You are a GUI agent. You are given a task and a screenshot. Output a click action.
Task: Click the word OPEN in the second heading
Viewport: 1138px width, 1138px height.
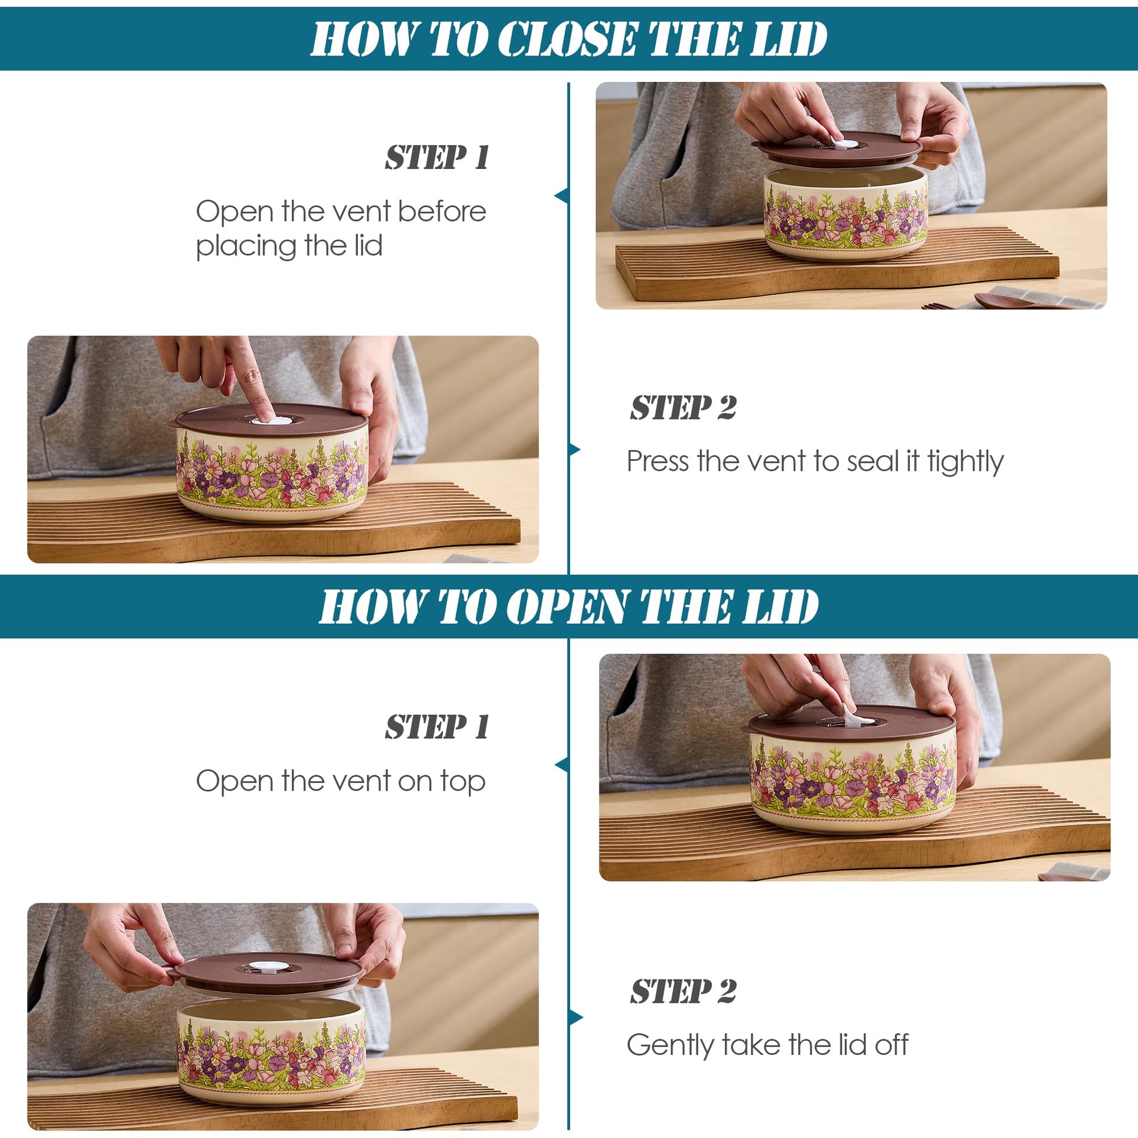click(x=567, y=606)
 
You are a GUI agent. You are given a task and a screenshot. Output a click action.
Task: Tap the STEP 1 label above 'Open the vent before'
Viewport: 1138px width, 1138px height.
click(x=437, y=158)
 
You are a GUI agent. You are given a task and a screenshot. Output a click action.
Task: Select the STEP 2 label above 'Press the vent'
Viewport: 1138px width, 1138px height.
click(x=682, y=408)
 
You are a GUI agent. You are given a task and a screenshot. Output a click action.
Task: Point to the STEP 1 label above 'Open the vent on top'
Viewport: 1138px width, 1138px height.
click(x=437, y=726)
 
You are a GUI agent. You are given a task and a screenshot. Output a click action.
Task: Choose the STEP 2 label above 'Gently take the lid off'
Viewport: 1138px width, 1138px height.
click(x=682, y=991)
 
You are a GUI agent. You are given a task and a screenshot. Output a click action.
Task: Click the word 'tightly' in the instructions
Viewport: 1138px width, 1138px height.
click(x=965, y=463)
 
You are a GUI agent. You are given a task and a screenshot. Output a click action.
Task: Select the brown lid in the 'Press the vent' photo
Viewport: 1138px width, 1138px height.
click(x=268, y=420)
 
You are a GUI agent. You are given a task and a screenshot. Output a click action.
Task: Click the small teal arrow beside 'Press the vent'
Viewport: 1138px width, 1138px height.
click(x=575, y=450)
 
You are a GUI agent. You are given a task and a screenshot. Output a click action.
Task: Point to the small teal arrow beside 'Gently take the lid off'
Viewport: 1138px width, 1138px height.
click(x=575, y=1018)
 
